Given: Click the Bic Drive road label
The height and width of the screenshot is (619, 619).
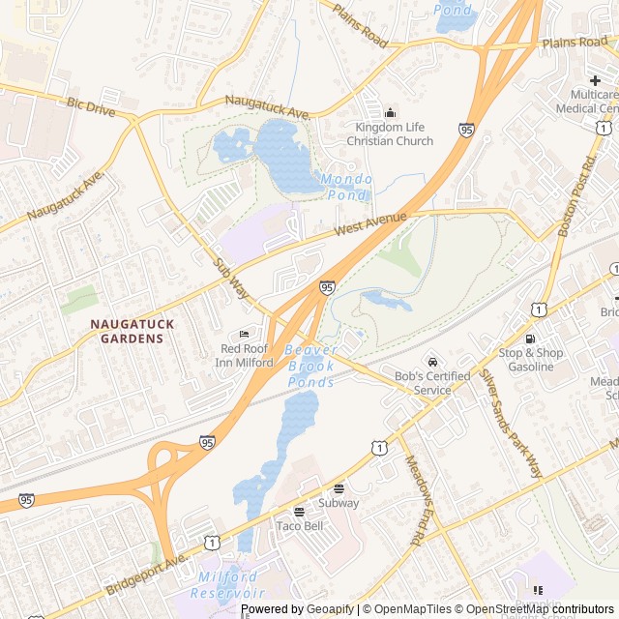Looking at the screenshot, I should [91, 106].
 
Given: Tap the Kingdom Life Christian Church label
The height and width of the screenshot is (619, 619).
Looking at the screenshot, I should [394, 134].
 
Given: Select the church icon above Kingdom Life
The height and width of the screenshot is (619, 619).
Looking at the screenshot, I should [391, 112].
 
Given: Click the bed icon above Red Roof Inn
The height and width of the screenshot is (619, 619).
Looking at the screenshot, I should [243, 334].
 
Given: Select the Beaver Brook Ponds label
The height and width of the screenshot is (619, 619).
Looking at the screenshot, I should [311, 366].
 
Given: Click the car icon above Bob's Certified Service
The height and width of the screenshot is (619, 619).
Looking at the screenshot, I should [432, 362].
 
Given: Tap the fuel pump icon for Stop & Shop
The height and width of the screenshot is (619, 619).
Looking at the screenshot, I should [529, 338].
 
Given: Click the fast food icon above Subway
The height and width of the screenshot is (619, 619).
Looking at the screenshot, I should [339, 488].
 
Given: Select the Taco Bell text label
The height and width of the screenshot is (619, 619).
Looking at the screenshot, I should [299, 526].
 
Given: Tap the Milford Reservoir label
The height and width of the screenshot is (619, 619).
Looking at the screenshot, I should [229, 584].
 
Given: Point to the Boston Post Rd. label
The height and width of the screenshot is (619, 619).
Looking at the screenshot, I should [579, 196].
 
